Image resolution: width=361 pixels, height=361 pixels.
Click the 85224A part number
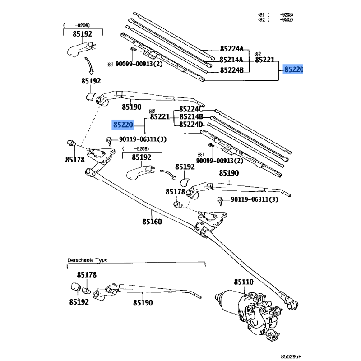click(231, 49)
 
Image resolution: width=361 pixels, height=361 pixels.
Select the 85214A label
click(231, 60)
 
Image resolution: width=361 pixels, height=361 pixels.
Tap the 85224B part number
click(231, 70)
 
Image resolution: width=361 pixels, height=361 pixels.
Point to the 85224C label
click(191, 109)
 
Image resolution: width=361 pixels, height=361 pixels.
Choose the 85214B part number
click(191, 117)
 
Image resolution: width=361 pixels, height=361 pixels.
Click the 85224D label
click(191, 125)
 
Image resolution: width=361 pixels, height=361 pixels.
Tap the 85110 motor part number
click(244, 282)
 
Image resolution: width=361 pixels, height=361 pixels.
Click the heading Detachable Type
click(88, 260)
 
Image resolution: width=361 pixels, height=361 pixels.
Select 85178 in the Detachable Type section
click(86, 275)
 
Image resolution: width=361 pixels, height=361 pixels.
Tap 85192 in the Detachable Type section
click(79, 302)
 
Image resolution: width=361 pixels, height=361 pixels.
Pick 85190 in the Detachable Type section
click(143, 303)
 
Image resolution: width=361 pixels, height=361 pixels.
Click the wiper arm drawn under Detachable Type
click(144, 291)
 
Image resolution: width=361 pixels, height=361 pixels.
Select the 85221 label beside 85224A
click(264, 60)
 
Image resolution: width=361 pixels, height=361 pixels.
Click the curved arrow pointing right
click(167, 174)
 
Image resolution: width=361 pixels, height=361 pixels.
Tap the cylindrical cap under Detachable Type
click(75, 287)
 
